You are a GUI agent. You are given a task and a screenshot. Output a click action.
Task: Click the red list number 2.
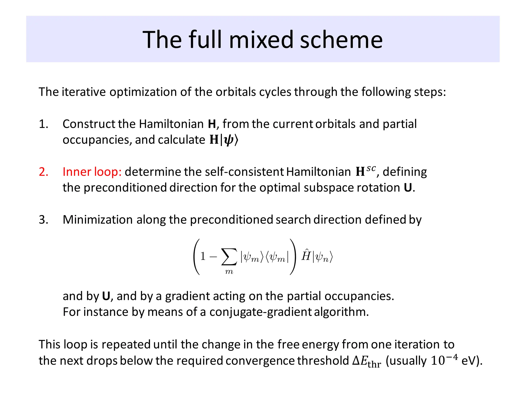pyautogui.click(x=43, y=172)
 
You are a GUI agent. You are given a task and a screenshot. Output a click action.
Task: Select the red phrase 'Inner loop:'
pyautogui.click(x=92, y=172)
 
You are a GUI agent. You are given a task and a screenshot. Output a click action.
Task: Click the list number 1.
pyautogui.click(x=43, y=124)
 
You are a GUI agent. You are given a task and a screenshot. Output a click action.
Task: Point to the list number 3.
pyautogui.click(x=43, y=220)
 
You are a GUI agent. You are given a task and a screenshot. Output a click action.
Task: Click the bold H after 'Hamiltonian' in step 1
pyautogui.click(x=212, y=124)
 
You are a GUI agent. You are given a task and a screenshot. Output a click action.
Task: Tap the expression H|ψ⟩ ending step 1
pyautogui.click(x=224, y=140)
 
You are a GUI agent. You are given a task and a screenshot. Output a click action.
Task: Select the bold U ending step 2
pyautogui.click(x=408, y=188)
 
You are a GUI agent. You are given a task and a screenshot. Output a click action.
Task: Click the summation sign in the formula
pyautogui.click(x=229, y=256)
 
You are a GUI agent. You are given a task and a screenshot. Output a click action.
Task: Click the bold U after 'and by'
pyautogui.click(x=106, y=296)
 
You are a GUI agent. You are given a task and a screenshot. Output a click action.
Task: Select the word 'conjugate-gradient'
pyautogui.click(x=260, y=312)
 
